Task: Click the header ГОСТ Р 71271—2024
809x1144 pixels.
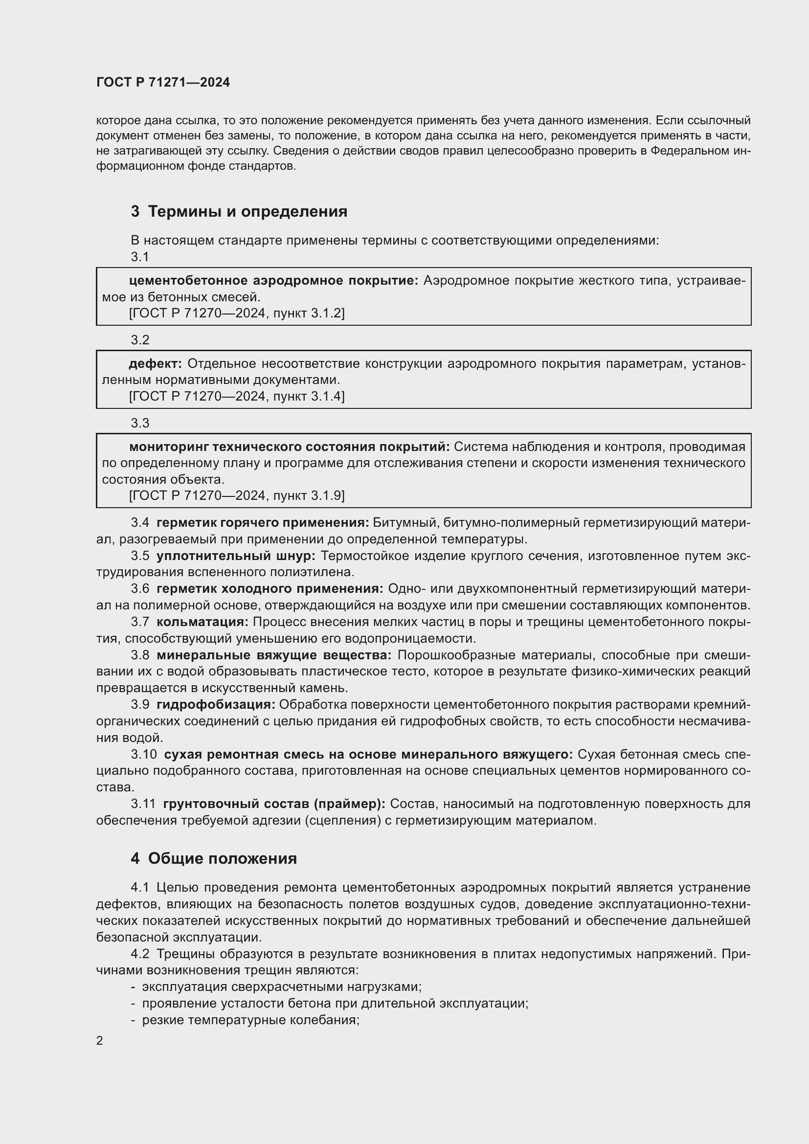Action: (163, 83)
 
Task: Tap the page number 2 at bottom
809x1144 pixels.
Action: (100, 1040)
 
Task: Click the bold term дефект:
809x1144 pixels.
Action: (156, 364)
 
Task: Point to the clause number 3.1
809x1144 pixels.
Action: (140, 257)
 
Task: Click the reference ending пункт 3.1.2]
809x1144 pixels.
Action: (237, 313)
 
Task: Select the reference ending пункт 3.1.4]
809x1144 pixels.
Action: (237, 396)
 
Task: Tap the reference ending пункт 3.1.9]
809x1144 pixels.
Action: (237, 495)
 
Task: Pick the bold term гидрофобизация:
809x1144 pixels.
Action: (216, 704)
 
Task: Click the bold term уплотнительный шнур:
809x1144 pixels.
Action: (236, 556)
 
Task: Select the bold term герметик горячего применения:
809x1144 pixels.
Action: (263, 523)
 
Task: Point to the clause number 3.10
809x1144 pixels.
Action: (143, 754)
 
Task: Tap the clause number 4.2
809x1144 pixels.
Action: (140, 954)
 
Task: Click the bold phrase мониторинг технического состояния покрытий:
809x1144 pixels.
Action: (289, 447)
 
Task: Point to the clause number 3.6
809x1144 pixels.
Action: (140, 589)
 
